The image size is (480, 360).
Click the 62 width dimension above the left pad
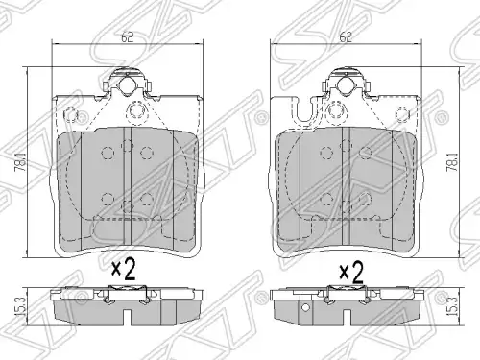(127, 36)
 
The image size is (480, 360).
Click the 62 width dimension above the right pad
(346, 36)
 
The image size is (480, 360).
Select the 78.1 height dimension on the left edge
(22, 161)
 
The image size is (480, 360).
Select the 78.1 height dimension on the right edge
(452, 161)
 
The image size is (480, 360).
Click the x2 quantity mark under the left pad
(124, 270)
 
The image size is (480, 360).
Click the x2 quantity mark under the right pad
(351, 272)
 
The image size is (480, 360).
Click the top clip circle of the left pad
(127, 84)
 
